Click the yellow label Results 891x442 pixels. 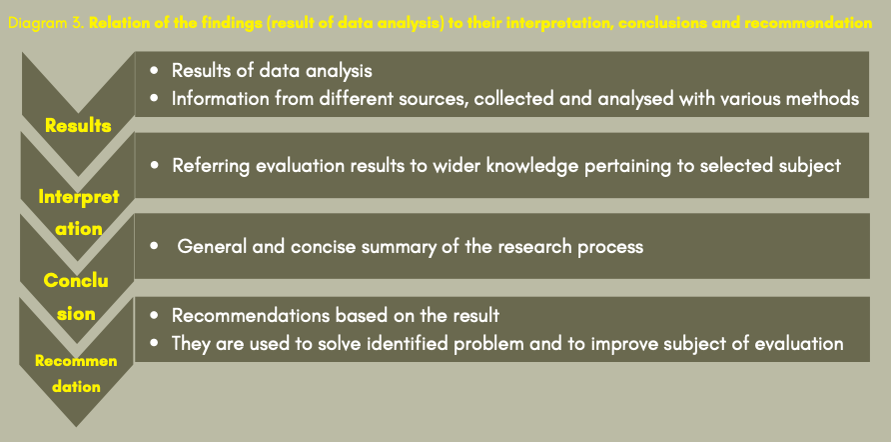(78, 126)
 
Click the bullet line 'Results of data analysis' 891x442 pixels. (272, 71)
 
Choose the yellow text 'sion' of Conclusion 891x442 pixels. (77, 314)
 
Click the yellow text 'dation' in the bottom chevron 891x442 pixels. (76, 387)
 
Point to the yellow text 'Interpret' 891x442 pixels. (79, 197)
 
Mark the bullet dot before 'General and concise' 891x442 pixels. (155, 247)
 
